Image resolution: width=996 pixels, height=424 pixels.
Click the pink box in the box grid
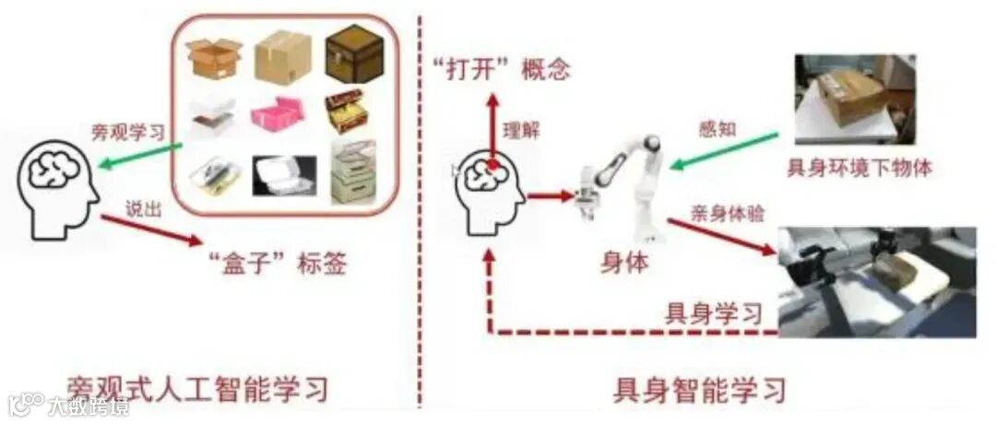click(x=280, y=114)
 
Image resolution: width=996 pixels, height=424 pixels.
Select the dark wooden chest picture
click(x=352, y=54)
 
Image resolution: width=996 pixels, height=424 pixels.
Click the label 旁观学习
click(x=127, y=132)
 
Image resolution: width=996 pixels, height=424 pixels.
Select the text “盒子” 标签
click(x=275, y=265)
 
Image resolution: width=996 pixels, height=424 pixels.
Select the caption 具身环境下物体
click(x=859, y=168)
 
